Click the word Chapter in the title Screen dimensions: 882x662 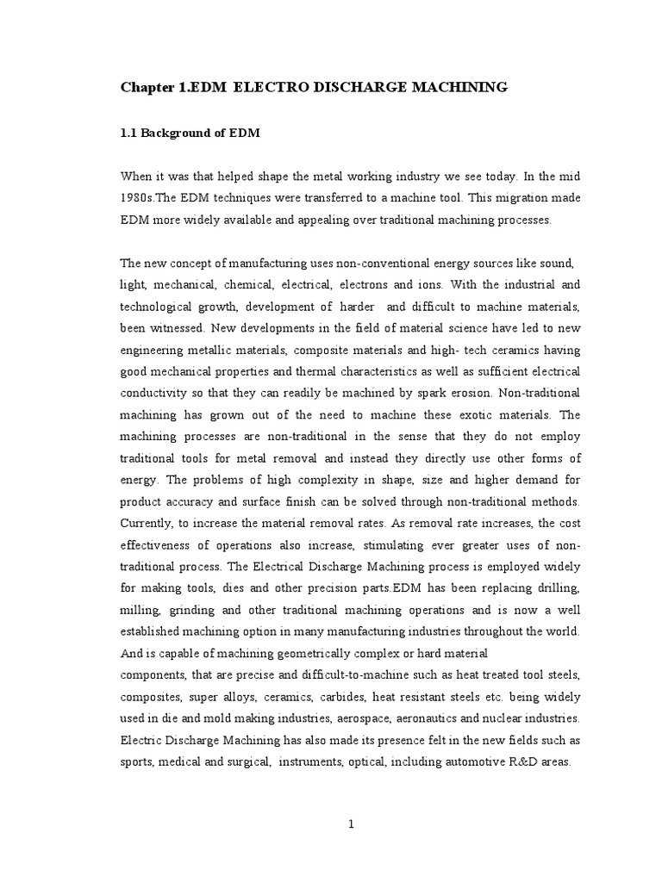[146, 87]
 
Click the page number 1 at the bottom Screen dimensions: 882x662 [352, 823]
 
